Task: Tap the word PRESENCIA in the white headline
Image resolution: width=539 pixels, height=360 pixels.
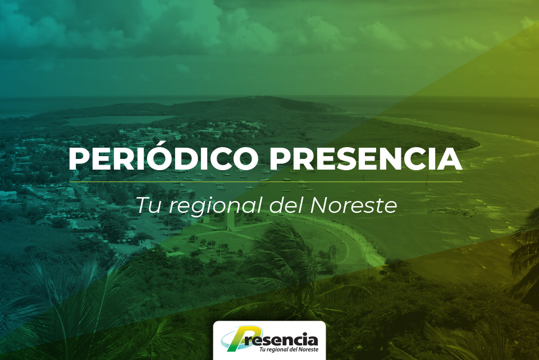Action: click(366, 159)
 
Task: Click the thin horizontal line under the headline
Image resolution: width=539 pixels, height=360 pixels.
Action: click(266, 181)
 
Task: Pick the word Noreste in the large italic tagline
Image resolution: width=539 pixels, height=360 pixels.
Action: click(354, 205)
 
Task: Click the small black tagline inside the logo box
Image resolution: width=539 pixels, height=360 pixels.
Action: click(289, 349)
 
